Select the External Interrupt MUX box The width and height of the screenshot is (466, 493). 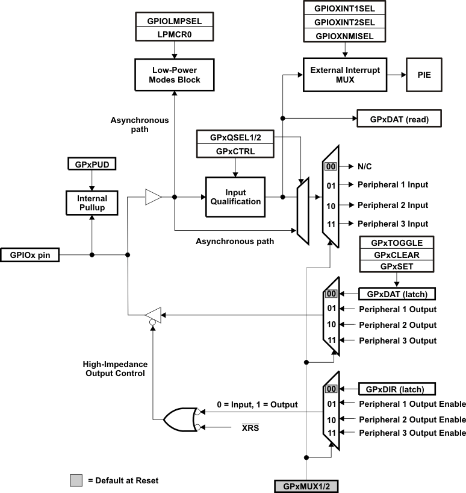tap(345, 74)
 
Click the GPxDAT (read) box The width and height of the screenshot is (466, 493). tap(399, 118)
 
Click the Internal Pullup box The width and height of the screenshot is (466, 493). tap(92, 203)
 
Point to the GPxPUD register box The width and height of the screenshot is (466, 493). tap(91, 164)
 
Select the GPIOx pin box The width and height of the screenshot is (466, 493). tap(30, 255)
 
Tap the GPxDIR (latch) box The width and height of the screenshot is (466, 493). tap(396, 389)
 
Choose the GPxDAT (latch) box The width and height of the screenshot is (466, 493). tap(396, 294)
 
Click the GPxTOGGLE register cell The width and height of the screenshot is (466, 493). tap(397, 242)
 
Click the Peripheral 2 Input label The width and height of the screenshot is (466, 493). tap(393, 205)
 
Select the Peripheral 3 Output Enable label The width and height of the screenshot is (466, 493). tap(412, 433)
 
